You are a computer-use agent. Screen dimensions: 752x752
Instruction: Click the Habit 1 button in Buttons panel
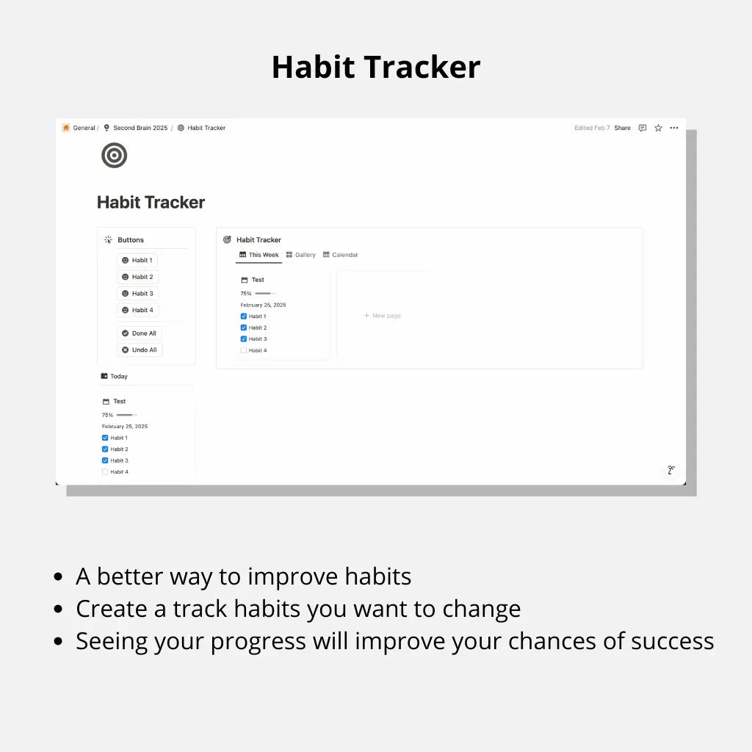click(137, 260)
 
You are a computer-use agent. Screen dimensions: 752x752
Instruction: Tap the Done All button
click(139, 333)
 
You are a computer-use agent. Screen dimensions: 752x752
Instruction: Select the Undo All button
click(140, 350)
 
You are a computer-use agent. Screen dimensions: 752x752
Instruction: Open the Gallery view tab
click(300, 255)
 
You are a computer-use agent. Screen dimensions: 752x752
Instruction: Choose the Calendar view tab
click(341, 255)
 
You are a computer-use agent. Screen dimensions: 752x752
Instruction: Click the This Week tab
click(259, 255)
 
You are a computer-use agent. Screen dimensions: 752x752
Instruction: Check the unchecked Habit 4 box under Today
click(105, 472)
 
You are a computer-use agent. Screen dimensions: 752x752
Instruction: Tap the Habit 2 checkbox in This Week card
click(244, 328)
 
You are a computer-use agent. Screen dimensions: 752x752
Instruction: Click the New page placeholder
click(382, 316)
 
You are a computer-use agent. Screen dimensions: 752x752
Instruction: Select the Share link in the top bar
click(623, 128)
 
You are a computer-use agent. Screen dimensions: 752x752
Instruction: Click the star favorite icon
click(659, 128)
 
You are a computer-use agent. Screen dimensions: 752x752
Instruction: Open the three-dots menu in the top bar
click(674, 128)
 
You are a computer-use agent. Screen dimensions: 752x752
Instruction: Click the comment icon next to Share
click(643, 128)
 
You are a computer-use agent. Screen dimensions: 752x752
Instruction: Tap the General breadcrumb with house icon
click(79, 128)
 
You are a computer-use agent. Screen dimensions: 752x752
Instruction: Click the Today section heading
click(114, 377)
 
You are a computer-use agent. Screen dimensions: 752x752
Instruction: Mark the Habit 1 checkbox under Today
click(105, 438)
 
